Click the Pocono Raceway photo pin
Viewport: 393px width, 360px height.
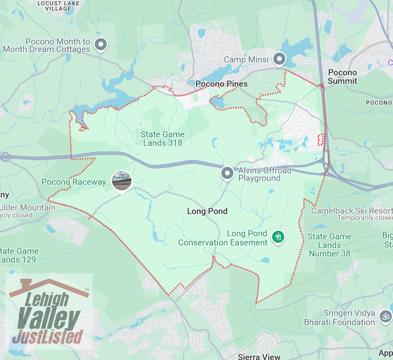[x=121, y=180]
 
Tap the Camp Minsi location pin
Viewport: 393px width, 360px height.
[x=279, y=59]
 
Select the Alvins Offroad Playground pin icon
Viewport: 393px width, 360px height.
[x=227, y=174]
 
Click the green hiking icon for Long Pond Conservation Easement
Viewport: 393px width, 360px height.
[x=277, y=237]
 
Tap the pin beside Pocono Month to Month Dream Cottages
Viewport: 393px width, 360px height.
[x=100, y=44]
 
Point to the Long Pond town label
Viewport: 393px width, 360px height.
[x=207, y=211]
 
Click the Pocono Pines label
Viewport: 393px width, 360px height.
[x=221, y=84]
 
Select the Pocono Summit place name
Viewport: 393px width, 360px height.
[x=342, y=77]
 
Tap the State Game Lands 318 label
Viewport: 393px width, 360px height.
[x=162, y=138]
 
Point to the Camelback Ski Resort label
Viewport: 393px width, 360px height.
[x=351, y=211]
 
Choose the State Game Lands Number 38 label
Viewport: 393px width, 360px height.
[x=329, y=245]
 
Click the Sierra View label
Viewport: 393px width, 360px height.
[x=259, y=356]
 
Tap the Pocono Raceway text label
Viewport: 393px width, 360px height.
[x=74, y=182]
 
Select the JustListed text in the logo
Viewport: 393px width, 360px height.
[x=48, y=336]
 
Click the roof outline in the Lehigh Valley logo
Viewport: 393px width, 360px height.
[x=48, y=286]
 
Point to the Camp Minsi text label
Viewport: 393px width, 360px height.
[x=246, y=60]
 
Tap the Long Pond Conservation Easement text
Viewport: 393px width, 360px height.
[x=223, y=238]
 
